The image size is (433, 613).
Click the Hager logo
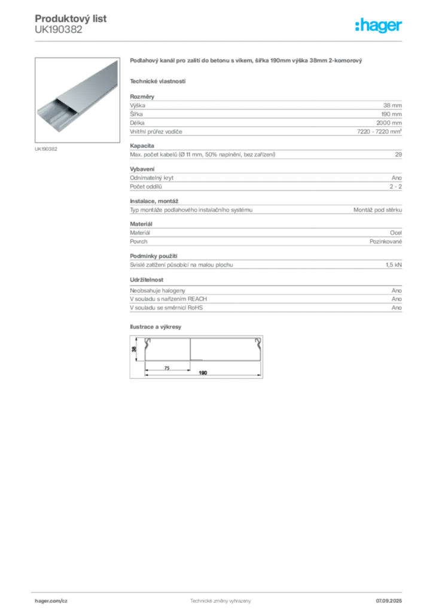tap(378, 25)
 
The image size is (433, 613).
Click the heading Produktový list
tap(71, 19)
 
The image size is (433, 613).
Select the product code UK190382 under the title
tap(59, 30)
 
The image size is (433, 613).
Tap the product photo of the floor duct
tap(77, 100)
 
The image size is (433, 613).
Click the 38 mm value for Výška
tap(392, 105)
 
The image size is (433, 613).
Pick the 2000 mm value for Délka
tap(389, 123)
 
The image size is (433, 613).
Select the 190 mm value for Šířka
tap(392, 114)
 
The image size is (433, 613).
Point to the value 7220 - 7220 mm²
tap(379, 131)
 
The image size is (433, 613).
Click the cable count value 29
tap(398, 154)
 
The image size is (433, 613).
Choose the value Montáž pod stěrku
tap(377, 210)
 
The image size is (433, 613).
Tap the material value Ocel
tap(396, 233)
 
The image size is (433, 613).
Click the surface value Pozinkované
tap(386, 242)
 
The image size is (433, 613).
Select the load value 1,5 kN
tap(394, 265)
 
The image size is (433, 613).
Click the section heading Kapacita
tap(142, 146)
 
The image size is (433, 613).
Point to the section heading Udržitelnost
tap(147, 280)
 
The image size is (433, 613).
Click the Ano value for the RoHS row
tap(397, 308)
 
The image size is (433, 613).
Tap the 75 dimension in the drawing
tap(167, 368)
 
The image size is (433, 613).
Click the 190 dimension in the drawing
tap(203, 373)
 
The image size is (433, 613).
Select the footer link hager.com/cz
tap(51, 601)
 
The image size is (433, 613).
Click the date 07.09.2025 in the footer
tap(389, 601)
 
